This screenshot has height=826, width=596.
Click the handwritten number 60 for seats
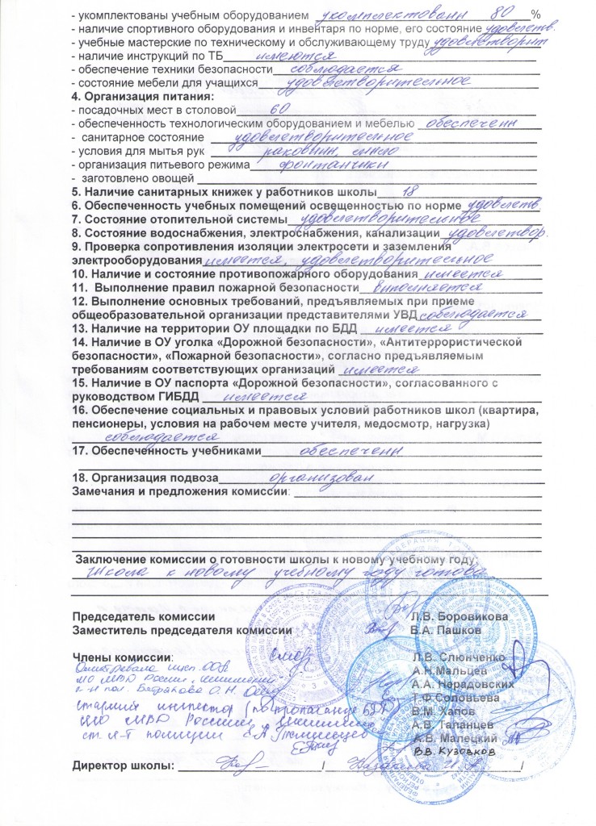pyautogui.click(x=279, y=109)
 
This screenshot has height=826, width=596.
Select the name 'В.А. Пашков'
pyautogui.click(x=447, y=628)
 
